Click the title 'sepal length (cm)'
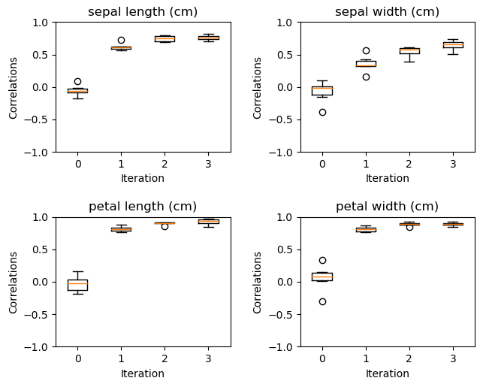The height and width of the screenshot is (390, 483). [143, 12]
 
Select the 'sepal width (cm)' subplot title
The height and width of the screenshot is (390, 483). [387, 12]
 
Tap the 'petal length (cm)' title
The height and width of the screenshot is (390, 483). [143, 207]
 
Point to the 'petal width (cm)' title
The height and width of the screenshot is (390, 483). [387, 207]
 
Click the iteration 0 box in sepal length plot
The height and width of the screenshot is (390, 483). [77, 90]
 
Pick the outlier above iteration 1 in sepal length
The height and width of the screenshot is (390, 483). [121, 40]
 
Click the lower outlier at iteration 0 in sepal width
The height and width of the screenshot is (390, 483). [322, 112]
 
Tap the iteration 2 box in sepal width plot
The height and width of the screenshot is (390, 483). [409, 50]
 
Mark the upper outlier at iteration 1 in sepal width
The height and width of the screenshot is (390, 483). [366, 50]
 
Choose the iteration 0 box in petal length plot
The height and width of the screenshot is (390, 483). [77, 284]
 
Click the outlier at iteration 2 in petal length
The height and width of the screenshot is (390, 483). [165, 226]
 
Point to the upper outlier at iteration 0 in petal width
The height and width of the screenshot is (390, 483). [322, 260]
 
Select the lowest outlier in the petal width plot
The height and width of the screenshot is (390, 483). [322, 301]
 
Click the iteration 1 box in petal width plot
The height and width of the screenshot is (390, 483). [366, 230]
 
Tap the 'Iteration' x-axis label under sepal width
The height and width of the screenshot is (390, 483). [387, 179]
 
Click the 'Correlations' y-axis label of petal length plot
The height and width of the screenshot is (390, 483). [14, 282]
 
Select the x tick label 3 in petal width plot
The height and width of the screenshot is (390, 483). [453, 358]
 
